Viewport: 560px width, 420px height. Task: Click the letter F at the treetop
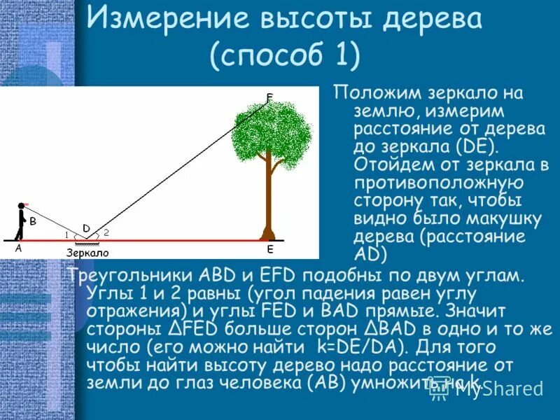pos(270,97)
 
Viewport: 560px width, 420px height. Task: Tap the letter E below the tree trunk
pos(269,249)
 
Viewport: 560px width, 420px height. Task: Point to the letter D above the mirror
pos(86,227)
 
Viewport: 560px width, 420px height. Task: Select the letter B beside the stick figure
pos(32,221)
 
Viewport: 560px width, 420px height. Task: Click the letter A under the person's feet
pos(18,247)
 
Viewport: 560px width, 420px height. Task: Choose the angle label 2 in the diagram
pos(106,232)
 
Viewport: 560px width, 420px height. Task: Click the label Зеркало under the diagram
pos(87,253)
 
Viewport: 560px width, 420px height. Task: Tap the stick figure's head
pos(21,206)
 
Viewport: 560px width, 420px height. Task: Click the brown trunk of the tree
pos(267,196)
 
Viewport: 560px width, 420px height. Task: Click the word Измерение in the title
pos(173,19)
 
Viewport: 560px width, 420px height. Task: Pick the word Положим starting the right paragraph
pos(377,93)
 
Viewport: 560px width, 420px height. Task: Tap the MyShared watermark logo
pos(486,388)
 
